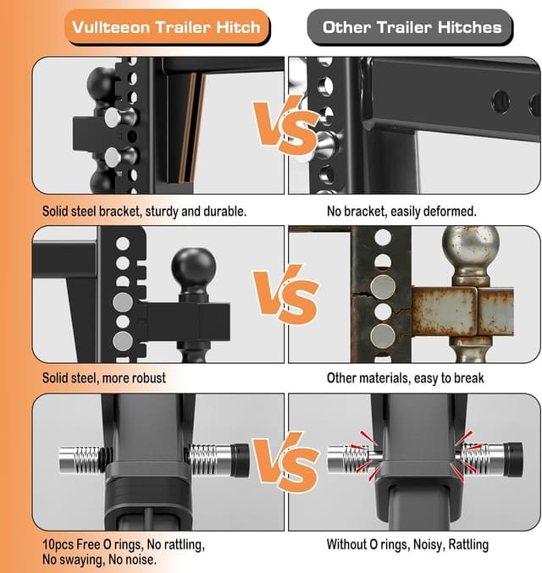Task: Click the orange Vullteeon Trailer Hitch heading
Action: pos(165,27)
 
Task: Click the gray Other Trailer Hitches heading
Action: pos(412,27)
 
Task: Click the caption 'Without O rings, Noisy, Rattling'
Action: pos(407,545)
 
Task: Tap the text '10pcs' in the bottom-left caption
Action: pos(56,545)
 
